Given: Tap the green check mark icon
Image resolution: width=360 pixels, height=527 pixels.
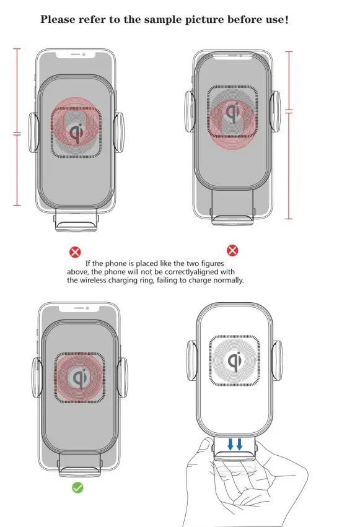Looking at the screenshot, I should (x=77, y=487).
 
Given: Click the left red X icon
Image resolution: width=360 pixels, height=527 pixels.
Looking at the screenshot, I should (x=74, y=251).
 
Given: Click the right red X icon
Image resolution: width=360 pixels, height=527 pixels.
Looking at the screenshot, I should (x=232, y=250).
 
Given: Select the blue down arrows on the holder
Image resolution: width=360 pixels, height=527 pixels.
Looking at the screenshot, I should (x=235, y=444).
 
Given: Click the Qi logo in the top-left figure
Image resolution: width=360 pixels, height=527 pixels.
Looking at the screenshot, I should (x=77, y=131).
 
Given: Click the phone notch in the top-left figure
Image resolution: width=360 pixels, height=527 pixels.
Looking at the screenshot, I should (x=76, y=54).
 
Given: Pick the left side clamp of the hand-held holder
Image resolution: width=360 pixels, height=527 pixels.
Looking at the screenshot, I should (x=192, y=360).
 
